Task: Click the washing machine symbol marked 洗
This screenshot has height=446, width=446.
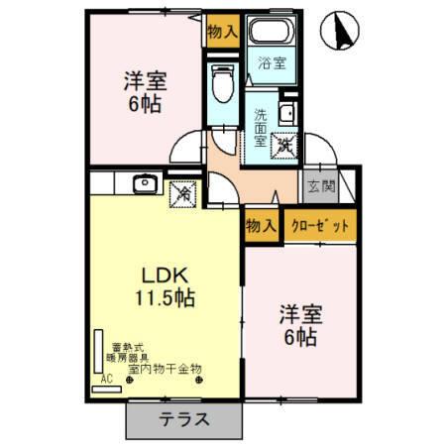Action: tap(283, 145)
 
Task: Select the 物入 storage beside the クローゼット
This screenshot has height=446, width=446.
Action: tap(261, 225)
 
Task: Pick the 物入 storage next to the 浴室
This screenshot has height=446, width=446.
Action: tap(223, 31)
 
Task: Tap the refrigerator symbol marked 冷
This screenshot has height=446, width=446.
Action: tap(182, 193)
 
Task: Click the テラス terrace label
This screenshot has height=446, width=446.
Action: tap(184, 418)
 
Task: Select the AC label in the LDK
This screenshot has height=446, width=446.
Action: tap(107, 379)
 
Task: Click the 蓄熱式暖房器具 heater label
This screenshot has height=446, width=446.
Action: tap(130, 349)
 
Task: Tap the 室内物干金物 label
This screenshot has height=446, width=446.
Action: tap(166, 368)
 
